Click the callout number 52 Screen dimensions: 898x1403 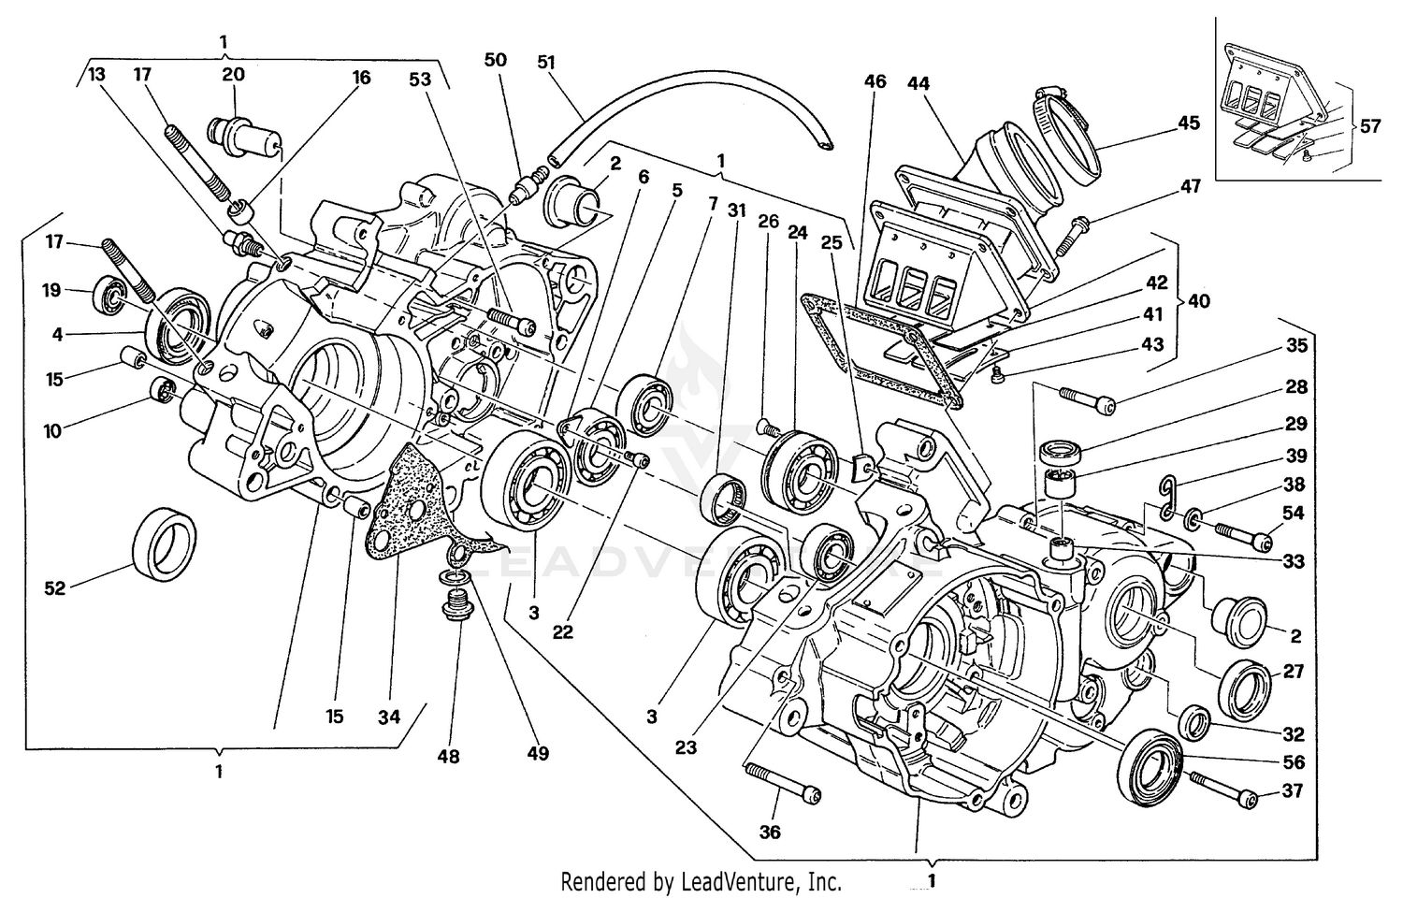55,588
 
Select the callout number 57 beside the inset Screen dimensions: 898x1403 1369,125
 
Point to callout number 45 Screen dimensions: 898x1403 1188,123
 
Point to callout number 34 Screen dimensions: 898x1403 389,717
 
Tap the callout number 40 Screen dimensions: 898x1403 1197,301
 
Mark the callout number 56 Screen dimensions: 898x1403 1294,762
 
